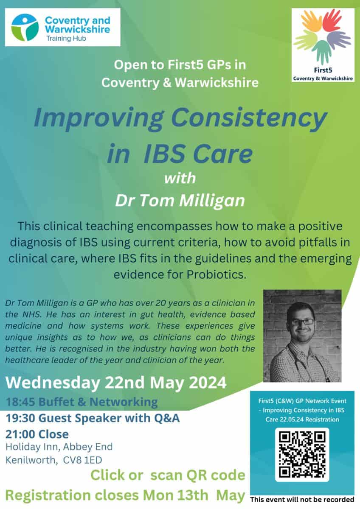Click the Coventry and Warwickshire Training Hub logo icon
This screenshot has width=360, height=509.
pyautogui.click(x=25, y=28)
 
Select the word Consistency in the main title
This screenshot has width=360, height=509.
pyautogui.click(x=249, y=119)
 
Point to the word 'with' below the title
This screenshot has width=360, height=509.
pyautogui.click(x=180, y=178)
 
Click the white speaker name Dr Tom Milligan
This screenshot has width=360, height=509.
pyautogui.click(x=180, y=201)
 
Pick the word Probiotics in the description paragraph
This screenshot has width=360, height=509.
pyautogui.click(x=217, y=275)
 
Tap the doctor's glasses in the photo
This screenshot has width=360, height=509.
pyautogui.click(x=303, y=322)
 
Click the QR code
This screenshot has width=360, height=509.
pyautogui.click(x=302, y=455)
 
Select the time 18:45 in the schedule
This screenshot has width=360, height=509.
pyautogui.click(x=20, y=402)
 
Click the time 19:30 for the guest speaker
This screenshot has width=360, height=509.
pyautogui.click(x=20, y=418)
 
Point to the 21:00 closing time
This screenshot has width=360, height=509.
pyautogui.click(x=20, y=434)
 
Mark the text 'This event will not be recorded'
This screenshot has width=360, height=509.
pyautogui.click(x=302, y=500)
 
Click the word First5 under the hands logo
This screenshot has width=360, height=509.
pyautogui.click(x=323, y=70)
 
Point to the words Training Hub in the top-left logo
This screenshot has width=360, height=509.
pyautogui.click(x=66, y=39)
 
